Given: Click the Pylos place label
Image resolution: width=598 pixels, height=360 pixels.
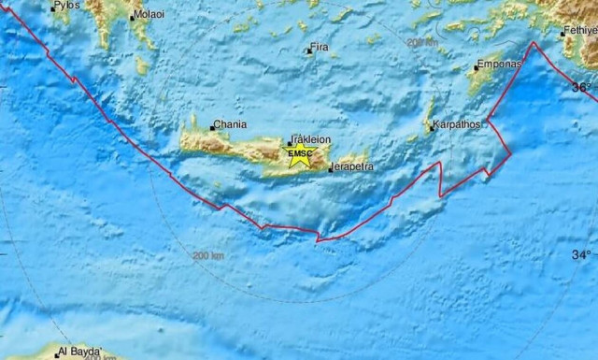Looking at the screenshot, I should (66, 6).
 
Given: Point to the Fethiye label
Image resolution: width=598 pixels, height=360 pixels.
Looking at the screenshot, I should (579, 31).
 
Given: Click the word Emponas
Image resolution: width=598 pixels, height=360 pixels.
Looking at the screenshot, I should (497, 65).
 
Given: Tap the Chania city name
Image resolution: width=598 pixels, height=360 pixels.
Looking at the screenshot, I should (230, 123).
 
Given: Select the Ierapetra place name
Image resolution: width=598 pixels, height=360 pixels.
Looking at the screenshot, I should (351, 166).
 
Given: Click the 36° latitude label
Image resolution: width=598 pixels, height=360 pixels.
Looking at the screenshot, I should (581, 87).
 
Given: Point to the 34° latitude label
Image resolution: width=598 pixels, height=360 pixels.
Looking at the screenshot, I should (581, 254).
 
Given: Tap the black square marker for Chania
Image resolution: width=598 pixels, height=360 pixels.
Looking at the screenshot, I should (212, 127).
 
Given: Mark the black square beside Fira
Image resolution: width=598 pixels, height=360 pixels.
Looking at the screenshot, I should (309, 50).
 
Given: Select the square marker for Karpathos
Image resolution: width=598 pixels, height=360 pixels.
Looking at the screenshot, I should (433, 126).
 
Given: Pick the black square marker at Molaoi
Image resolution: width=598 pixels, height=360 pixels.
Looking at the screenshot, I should (131, 16).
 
